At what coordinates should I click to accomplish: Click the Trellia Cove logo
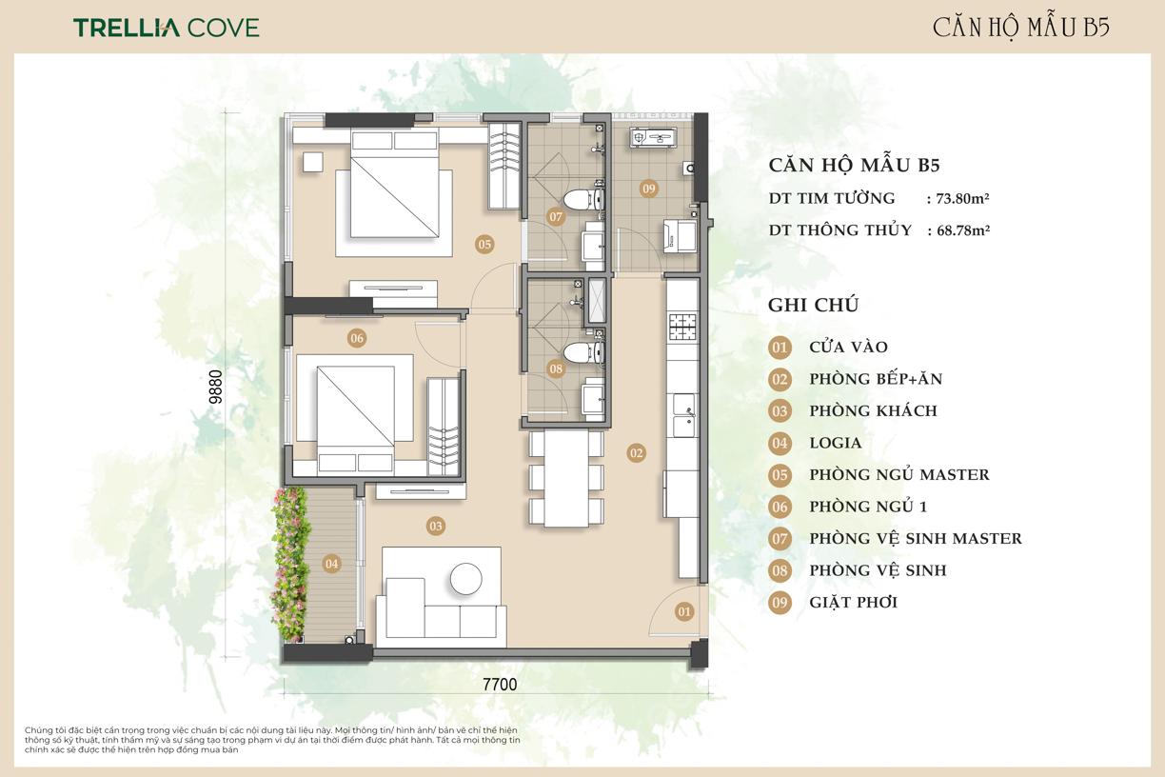pyautogui.click(x=167, y=28)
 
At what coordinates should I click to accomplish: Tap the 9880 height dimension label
pyautogui.click(x=215, y=387)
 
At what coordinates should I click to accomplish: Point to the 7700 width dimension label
pyautogui.click(x=500, y=685)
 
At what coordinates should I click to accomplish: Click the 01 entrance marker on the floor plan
pyautogui.click(x=684, y=611)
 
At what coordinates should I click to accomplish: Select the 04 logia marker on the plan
pyautogui.click(x=331, y=564)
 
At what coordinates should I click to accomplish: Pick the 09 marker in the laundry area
pyautogui.click(x=648, y=189)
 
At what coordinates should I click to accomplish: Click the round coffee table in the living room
pyautogui.click(x=466, y=579)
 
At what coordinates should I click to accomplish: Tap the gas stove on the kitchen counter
pyautogui.click(x=682, y=327)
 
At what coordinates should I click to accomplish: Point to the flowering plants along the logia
pyautogui.click(x=290, y=564)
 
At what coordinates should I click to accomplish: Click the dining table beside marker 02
pyautogui.click(x=566, y=478)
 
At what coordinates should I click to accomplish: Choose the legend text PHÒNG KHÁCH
pyautogui.click(x=873, y=410)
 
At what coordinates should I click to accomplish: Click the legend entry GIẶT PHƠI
pyautogui.click(x=854, y=602)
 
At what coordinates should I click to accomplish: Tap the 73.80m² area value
pyautogui.click(x=962, y=198)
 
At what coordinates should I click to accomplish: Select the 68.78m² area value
pyautogui.click(x=963, y=230)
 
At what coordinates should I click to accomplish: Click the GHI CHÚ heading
pyautogui.click(x=814, y=305)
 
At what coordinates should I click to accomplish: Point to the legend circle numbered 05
pyautogui.click(x=780, y=474)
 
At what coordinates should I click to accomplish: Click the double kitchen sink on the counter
pyautogui.click(x=684, y=415)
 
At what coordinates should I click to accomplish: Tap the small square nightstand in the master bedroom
pyautogui.click(x=312, y=161)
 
